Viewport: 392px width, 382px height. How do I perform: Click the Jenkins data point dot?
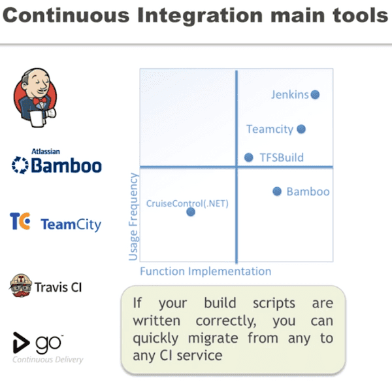pyautogui.click(x=315, y=94)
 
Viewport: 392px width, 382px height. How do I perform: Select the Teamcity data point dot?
pyautogui.click(x=301, y=129)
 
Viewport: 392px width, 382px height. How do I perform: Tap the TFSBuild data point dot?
pyautogui.click(x=248, y=157)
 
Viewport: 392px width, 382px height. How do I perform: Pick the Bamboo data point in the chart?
pyautogui.click(x=276, y=191)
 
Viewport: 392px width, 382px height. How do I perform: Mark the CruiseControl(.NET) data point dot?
pyautogui.click(x=190, y=211)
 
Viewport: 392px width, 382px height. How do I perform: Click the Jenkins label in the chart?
pyautogui.click(x=289, y=95)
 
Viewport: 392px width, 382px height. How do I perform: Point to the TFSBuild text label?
pyautogui.click(x=282, y=158)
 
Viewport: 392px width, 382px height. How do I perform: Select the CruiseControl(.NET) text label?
pyautogui.click(x=187, y=203)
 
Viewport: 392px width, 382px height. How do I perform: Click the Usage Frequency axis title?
pyautogui.click(x=133, y=216)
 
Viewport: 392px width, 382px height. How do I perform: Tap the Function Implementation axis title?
pyautogui.click(x=205, y=271)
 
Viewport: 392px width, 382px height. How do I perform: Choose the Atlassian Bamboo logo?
pyautogui.click(x=57, y=164)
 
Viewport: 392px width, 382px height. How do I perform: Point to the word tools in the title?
pyautogui.click(x=357, y=16)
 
